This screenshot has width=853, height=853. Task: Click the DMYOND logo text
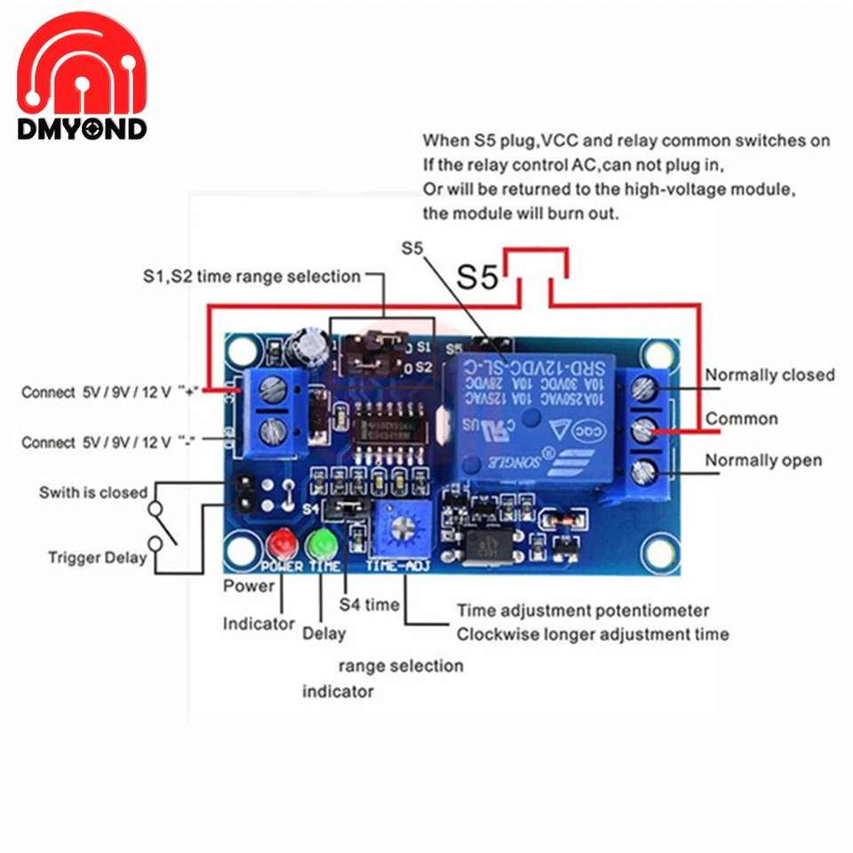82,130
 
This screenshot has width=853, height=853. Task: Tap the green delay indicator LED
319,542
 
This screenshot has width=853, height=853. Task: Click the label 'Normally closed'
769,375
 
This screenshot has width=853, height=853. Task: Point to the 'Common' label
741,419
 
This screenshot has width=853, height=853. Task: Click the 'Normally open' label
763,460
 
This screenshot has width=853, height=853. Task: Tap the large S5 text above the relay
480,277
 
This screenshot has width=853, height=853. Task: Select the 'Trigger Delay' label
97,558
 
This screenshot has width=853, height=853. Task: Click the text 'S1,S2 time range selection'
252,276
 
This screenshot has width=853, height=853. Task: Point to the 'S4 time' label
370,604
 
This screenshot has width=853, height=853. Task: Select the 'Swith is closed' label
93,492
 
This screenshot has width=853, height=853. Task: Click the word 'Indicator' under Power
259,624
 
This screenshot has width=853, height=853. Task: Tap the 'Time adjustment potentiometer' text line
583,610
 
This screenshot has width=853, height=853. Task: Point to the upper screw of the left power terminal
273,388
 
